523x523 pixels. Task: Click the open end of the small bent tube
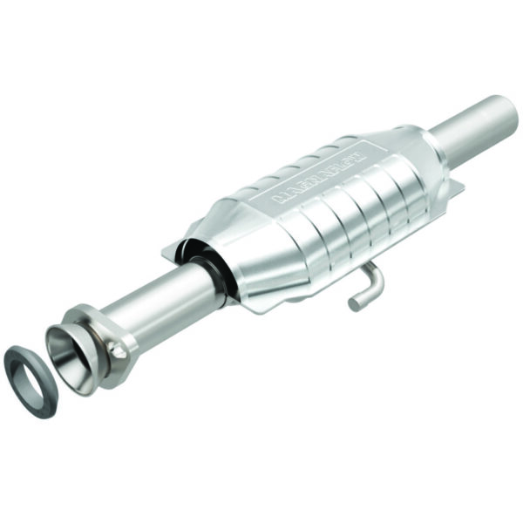[x=354, y=303]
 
